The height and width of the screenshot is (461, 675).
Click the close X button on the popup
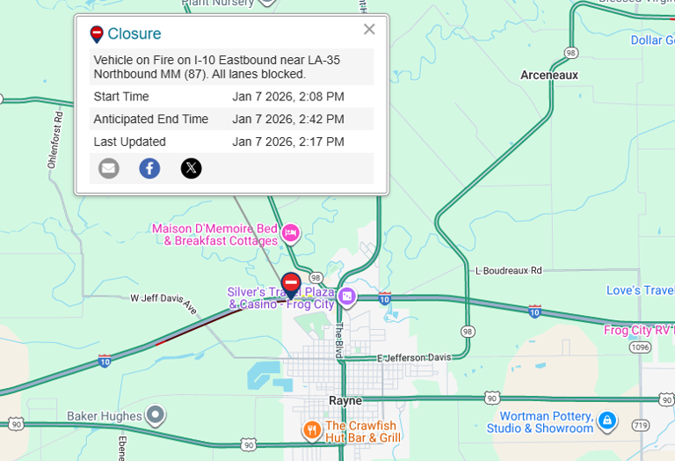tap(369, 29)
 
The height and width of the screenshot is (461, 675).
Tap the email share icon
tap(109, 168)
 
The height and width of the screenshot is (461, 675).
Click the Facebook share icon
tap(149, 168)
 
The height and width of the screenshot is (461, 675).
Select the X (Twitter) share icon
tap(191, 168)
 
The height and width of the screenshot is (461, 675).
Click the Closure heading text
tap(134, 34)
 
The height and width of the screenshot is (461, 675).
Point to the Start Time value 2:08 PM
tap(288, 97)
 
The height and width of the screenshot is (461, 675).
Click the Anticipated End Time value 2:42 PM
tap(288, 120)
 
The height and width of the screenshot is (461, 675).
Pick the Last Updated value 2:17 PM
tap(288, 142)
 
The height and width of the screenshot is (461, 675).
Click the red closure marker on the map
tap(291, 283)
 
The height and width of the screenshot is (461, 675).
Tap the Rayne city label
tap(345, 400)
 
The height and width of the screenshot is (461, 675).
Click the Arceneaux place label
tap(549, 76)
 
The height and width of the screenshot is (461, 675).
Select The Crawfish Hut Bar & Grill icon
tap(311, 430)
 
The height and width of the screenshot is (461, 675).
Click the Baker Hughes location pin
tap(156, 413)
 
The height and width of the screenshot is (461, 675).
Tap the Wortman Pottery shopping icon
tap(606, 421)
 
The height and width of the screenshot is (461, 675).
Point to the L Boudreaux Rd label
tap(508, 271)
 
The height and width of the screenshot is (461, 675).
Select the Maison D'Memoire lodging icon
tap(291, 233)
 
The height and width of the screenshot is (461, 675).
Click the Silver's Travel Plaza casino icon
tap(347, 296)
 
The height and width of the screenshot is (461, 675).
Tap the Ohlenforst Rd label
tap(54, 139)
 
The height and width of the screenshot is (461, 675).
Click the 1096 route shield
tap(640, 348)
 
